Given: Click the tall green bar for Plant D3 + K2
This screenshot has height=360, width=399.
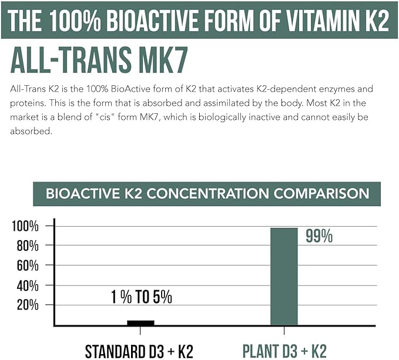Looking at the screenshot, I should pos(284,276).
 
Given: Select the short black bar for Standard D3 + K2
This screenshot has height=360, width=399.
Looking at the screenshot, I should pos(140,322).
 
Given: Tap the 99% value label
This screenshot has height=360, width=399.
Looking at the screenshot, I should pos(319,236).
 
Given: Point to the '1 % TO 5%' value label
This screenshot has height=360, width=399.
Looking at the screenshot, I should pos(141,297).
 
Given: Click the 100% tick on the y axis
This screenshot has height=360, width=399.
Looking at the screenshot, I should pos(26,226).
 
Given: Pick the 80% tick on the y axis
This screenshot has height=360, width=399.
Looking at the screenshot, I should pos(28,245).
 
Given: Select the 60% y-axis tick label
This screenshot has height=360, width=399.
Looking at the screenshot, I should pos(28,265).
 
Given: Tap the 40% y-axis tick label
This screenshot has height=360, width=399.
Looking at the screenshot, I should pos(28,285).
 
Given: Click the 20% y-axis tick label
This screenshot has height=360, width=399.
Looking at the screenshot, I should pos(28,305).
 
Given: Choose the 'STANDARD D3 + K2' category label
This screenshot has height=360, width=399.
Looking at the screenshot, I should pos(139,351).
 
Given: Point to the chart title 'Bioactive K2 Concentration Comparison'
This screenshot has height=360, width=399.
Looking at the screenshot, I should pos(207,194).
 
